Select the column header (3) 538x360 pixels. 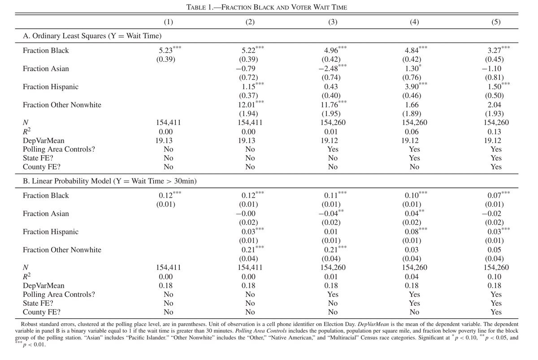[x=332, y=22]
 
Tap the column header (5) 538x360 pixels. [x=496, y=22]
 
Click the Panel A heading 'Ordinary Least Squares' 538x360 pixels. [x=92, y=36]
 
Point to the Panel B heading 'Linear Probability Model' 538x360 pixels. [x=109, y=181]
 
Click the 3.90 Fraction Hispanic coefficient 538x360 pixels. [x=412, y=87]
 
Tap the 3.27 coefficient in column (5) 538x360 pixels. [x=491, y=51]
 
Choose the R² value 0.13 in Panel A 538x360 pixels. [x=496, y=132]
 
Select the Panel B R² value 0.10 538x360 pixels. [x=496, y=277]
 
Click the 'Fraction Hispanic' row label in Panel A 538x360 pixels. [x=50, y=87]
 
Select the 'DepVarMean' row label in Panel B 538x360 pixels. [x=43, y=286]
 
